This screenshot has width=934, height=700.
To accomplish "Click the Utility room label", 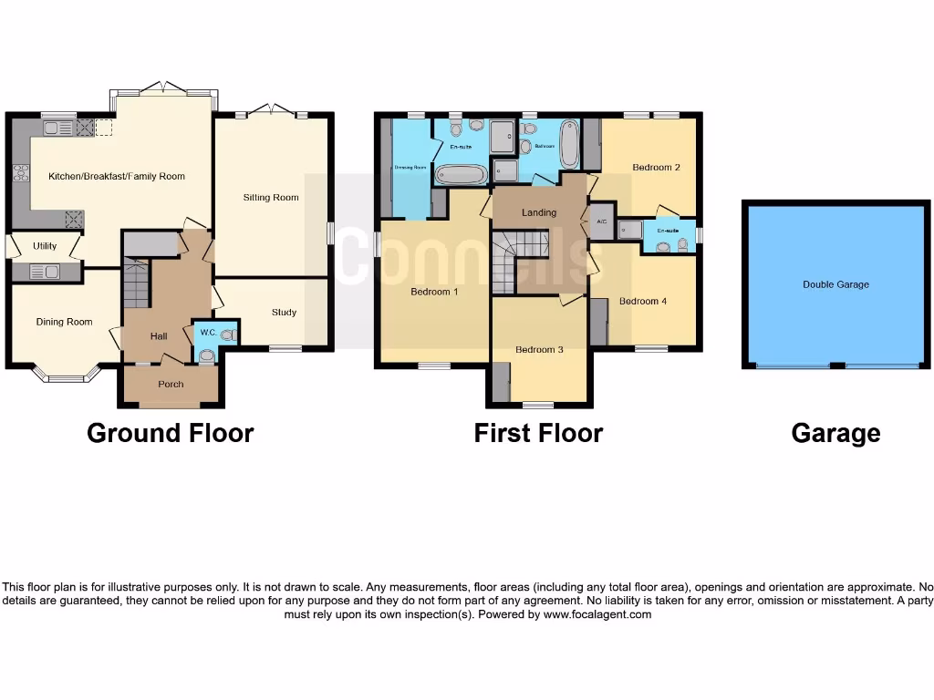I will tap(45, 246).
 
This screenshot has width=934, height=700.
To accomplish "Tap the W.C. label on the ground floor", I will tap(207, 333).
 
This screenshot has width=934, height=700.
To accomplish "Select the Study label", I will tap(284, 313).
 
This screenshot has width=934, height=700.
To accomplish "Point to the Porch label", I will tap(171, 384).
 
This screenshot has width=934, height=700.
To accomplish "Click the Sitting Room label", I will tap(271, 197).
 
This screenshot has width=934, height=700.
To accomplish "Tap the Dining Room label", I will tap(64, 322).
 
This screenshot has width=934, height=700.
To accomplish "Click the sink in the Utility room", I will tap(44, 271).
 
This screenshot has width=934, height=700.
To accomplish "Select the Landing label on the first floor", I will tap(539, 212).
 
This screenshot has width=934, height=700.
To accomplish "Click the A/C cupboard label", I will tap(601, 221).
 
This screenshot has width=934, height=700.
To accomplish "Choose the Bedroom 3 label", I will tap(539, 349).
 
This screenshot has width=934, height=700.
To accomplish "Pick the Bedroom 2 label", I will tap(657, 168).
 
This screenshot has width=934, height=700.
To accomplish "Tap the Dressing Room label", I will tap(410, 168).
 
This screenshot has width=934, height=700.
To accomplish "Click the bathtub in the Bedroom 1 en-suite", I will tap(462, 173).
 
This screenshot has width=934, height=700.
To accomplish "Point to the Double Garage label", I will tap(835, 284).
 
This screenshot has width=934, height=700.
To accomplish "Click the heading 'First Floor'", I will tap(538, 433).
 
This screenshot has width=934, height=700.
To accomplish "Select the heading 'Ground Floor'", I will tap(171, 433).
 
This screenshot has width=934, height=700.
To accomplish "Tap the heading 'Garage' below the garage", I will tap(835, 433).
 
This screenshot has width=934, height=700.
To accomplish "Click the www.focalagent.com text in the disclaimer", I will tap(597, 614).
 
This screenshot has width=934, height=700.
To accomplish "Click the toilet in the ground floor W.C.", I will tap(206, 355).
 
